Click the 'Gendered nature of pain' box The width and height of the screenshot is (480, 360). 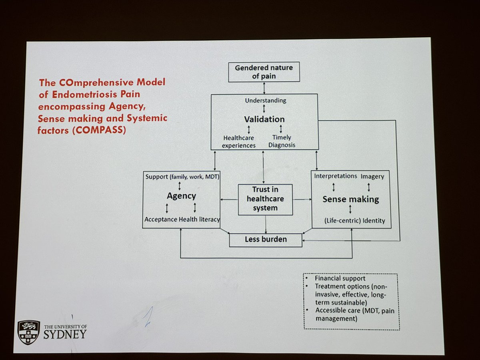pos(264,71)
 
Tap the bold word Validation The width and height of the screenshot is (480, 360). pos(264,119)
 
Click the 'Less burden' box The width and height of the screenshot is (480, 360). pos(266,240)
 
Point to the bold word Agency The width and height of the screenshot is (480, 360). pos(181,196)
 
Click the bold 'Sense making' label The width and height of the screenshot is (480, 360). pos(351,199)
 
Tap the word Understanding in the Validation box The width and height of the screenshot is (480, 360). pos(266,100)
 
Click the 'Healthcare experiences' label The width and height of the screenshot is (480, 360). pos(239,142)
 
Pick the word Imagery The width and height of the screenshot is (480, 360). pos(372,176)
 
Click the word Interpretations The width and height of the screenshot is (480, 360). pos(335,176)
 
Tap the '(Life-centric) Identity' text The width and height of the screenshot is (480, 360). pos(355,221)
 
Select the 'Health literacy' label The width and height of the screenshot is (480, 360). pos(199,219)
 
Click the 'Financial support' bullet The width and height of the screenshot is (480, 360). pos(340,278)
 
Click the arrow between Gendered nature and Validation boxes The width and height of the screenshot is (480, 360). pos(264,87)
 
